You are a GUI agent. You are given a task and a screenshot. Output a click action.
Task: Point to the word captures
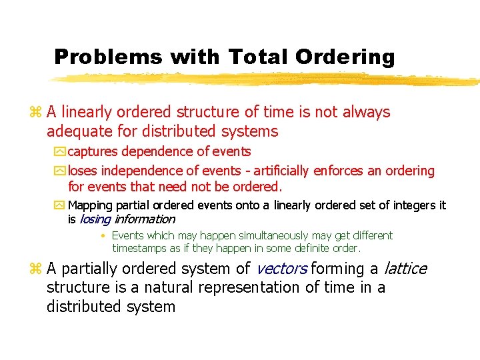[x=93, y=152]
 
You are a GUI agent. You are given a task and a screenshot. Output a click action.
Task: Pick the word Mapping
[x=91, y=205]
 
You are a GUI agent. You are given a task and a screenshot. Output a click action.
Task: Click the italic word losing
[x=94, y=219]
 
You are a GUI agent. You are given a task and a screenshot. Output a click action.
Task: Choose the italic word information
[x=145, y=219]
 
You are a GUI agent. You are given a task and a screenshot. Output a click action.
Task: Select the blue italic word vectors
[x=281, y=269]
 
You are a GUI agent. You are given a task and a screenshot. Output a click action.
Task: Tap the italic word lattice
[x=404, y=269]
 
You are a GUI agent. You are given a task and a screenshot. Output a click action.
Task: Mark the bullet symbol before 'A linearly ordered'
[x=36, y=113]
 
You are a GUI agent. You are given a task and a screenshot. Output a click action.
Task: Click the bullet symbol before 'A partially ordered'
[x=36, y=269]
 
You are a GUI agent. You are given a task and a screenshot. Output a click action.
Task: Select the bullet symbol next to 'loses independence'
[x=61, y=171]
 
